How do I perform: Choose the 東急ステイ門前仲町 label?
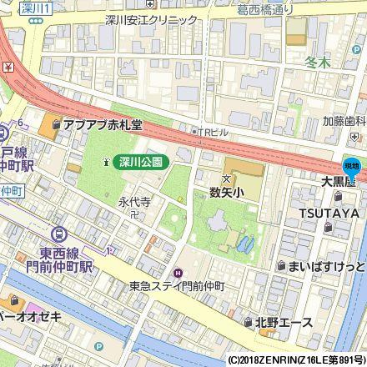click(x=178, y=285)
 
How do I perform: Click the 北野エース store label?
click(x=284, y=322)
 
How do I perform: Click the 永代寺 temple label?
click(x=133, y=201)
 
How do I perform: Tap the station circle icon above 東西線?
click(x=58, y=236)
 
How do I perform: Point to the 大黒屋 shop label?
click(x=339, y=180)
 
